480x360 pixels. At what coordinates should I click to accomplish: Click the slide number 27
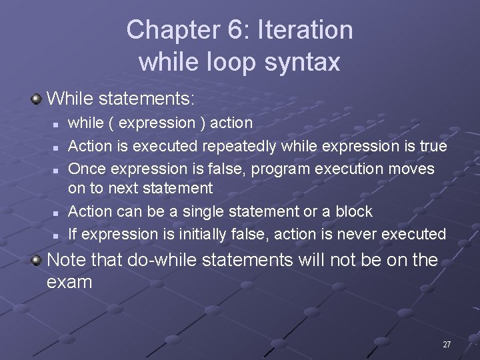[447, 344]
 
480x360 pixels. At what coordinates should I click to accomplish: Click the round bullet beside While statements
[36, 100]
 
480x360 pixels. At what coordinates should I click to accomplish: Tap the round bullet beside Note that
[36, 260]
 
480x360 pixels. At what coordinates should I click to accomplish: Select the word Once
[85, 169]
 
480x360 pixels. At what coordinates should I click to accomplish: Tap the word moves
[413, 169]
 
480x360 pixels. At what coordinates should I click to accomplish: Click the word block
[354, 211]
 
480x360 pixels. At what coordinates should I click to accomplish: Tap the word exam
[69, 282]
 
